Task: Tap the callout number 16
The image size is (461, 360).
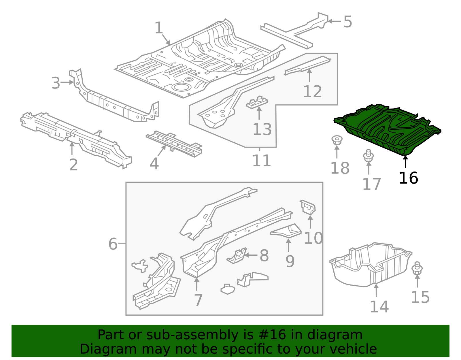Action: (x=408, y=178)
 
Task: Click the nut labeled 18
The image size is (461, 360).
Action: (x=336, y=140)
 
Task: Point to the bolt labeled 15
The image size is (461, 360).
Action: (x=417, y=269)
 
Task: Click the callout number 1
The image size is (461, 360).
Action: (x=159, y=28)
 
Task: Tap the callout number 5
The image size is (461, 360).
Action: (x=348, y=22)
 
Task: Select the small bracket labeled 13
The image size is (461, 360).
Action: (x=257, y=102)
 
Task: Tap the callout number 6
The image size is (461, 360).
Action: (x=113, y=244)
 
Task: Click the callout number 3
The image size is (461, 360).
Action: (x=56, y=83)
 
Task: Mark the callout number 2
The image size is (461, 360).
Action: (x=73, y=165)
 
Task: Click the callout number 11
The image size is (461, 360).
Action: (x=261, y=161)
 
